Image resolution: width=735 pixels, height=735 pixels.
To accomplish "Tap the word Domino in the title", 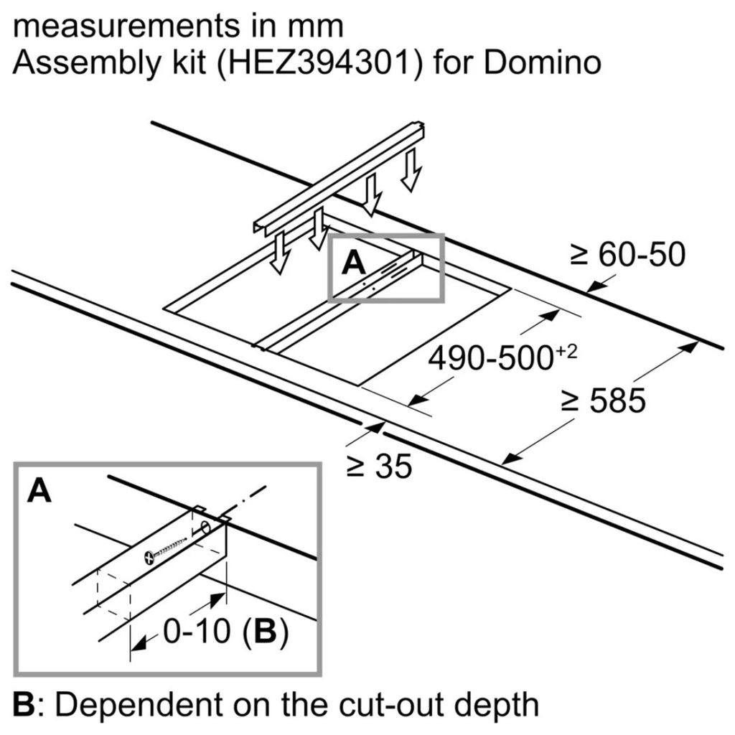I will [x=542, y=63].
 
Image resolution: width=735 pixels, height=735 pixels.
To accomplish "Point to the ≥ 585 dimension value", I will [x=602, y=402].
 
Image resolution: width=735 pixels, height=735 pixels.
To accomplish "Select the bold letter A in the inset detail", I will [x=40, y=492].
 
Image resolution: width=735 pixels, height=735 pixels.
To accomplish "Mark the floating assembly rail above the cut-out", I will [x=337, y=179].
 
